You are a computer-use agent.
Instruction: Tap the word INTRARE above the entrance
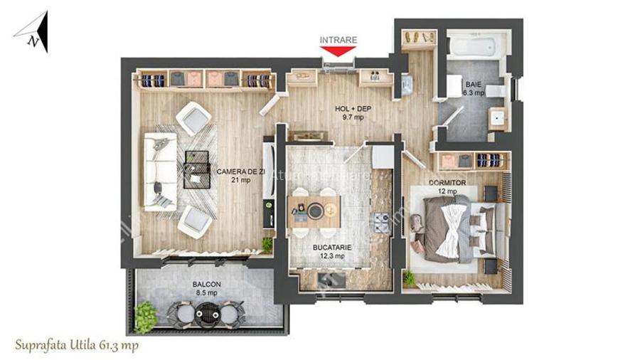point(338,40)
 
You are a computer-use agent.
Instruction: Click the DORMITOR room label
point(447,187)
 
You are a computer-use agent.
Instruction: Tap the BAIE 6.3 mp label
point(474,88)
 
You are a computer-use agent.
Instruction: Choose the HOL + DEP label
point(353,113)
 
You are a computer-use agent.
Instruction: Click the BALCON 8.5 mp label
point(206,288)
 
